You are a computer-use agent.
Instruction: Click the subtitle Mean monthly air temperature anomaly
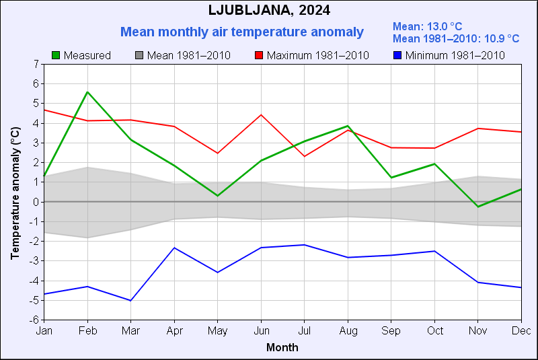point(242,32)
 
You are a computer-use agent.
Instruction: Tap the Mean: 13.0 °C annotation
point(427,26)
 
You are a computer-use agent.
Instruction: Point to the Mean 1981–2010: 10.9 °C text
point(455,38)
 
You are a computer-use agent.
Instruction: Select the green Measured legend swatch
point(56,55)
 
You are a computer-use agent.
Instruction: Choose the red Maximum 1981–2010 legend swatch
point(259,55)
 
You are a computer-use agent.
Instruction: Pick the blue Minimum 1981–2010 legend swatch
point(397,55)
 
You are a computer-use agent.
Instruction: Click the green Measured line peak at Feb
point(87,92)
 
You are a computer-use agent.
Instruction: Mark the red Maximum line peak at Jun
point(261,115)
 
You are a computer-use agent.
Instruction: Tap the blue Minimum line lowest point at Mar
point(131,300)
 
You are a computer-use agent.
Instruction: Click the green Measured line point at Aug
point(348,126)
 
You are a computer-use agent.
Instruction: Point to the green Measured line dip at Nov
point(477,207)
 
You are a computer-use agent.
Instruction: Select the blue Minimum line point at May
point(217,273)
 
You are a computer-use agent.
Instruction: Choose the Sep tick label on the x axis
point(391,331)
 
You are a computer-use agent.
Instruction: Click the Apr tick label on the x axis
point(174,331)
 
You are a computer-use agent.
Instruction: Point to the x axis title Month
point(282,348)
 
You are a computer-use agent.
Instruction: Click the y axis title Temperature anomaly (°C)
point(15,192)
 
